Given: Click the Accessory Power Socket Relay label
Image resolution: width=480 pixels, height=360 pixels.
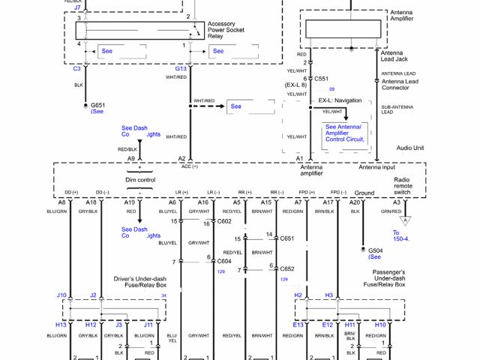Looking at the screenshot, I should click(228, 29).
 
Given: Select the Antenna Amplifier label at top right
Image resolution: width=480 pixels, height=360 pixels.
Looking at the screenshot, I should click(401, 16).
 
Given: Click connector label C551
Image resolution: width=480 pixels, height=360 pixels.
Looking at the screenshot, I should click(321, 78).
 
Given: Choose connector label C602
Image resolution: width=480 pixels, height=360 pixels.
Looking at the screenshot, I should click(224, 221).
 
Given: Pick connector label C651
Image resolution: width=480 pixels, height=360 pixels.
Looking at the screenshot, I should click(286, 238).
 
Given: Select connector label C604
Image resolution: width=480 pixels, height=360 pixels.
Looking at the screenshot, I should click(224, 261).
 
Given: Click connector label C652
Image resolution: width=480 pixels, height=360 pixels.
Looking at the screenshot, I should click(286, 268).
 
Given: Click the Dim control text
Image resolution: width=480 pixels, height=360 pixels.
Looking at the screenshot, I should click(140, 181).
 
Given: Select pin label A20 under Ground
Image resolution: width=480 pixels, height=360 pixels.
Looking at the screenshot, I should click(356, 202).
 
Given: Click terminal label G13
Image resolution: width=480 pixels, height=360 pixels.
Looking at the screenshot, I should click(181, 68).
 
